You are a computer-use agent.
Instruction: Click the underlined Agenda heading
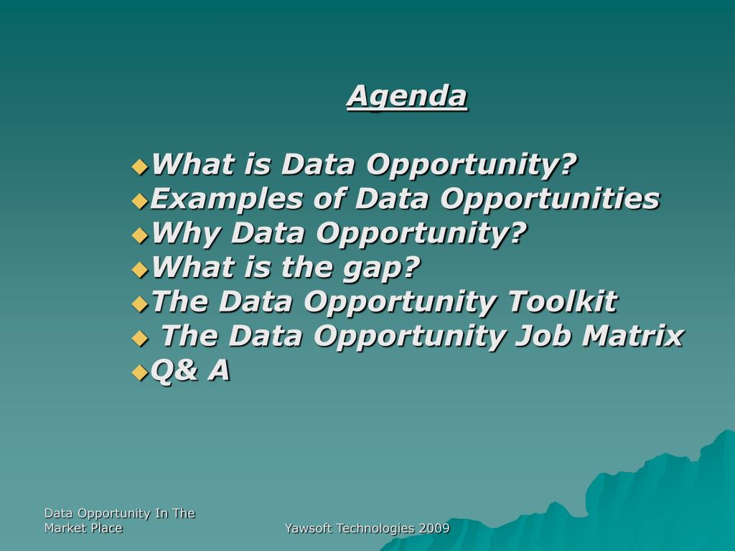407,95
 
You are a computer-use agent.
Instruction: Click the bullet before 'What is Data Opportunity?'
140,167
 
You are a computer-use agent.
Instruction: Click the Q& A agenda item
191,370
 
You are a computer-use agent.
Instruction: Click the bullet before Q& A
140,372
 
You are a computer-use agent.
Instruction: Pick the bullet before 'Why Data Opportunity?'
140,235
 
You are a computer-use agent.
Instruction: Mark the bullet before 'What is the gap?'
140,270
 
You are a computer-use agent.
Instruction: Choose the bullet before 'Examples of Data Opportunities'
140,201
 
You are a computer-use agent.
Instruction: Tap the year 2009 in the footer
436,529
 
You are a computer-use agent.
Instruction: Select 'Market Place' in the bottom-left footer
83,528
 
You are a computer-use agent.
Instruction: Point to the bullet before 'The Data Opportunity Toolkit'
140,304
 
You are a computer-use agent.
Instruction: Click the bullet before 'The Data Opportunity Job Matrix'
140,338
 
